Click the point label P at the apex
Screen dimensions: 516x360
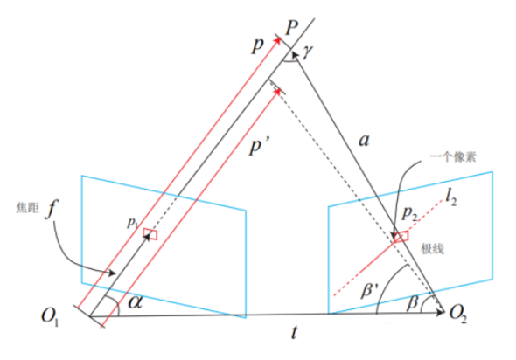[x=291, y=27]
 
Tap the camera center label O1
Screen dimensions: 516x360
[x=49, y=316]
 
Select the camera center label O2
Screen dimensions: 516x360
[x=457, y=314]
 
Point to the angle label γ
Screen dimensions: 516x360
[x=307, y=52]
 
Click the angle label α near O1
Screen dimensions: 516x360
[x=136, y=301]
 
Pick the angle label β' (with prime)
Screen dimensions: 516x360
[x=370, y=290]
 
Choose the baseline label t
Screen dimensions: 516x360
[x=295, y=332]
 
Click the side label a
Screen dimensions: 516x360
[x=364, y=141]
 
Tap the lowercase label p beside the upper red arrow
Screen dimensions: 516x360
[x=258, y=45]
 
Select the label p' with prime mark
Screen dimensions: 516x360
[x=259, y=146]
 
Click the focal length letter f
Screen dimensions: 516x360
[x=50, y=209]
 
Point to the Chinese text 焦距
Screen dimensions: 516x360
[x=28, y=208]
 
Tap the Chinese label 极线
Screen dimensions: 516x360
[x=432, y=249]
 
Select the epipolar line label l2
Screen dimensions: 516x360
[x=450, y=198]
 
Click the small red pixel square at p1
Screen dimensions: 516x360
[x=150, y=234]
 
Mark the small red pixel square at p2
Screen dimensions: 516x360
[x=401, y=237]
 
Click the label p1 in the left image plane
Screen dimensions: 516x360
[x=132, y=223]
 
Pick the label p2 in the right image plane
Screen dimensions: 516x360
[x=409, y=214]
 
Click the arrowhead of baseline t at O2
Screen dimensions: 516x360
[x=441, y=312]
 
